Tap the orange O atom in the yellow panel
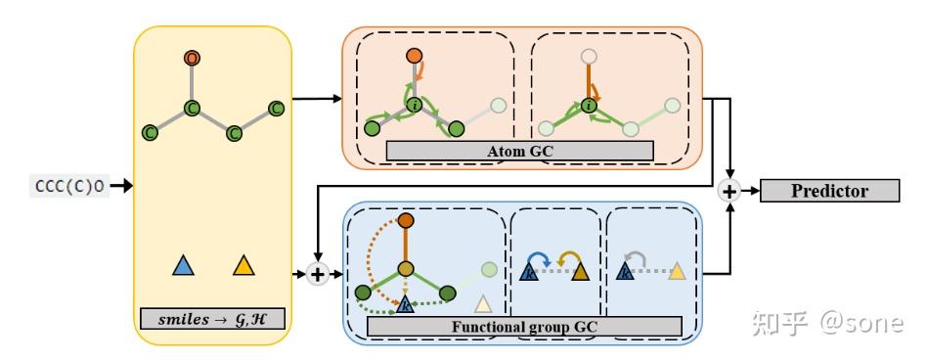click(x=194, y=59)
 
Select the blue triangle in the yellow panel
click(x=181, y=265)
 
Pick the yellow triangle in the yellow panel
click(x=243, y=265)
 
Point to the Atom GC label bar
click(x=518, y=151)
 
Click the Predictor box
click(x=828, y=191)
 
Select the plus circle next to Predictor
click(x=728, y=191)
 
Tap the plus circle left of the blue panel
click(x=317, y=274)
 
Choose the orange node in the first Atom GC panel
click(x=414, y=55)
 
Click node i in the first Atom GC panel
click(x=414, y=105)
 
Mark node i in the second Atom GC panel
click(x=588, y=105)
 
